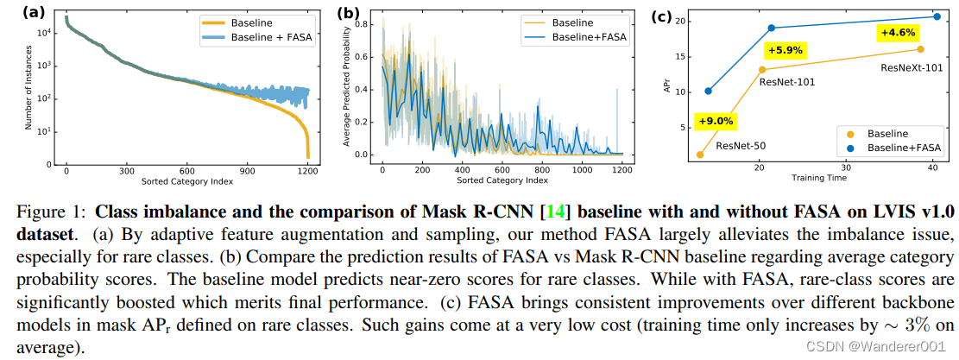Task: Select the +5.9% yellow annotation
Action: (785, 50)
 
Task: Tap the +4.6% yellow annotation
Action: (898, 32)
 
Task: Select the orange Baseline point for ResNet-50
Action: (700, 155)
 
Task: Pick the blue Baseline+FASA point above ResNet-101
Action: (772, 28)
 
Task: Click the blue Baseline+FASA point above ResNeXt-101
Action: (937, 16)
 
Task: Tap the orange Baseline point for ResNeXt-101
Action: (920, 49)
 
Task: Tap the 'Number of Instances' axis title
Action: (28, 92)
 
